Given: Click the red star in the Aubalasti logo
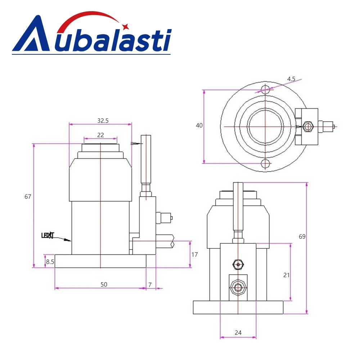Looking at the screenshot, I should point(125,26).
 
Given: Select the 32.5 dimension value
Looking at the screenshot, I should point(103,121).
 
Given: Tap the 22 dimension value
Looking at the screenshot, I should point(100,135).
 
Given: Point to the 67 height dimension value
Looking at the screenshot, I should point(28,197).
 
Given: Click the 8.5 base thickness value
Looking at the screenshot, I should point(50,262).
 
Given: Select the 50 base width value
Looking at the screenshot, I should point(104,284).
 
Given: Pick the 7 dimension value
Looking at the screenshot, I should point(150,284).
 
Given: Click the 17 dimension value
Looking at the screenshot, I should point(194,255).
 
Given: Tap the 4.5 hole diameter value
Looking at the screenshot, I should point(291,78).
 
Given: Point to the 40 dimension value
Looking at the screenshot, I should point(199,126).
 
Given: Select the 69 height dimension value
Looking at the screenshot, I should point(302,237).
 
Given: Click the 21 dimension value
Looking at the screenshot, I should point(286,275).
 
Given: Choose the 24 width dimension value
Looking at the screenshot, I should point(238,333).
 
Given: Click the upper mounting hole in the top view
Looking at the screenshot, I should point(266,89).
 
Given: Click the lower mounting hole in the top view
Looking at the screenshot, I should point(266,164).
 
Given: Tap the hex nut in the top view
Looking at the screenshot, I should point(307,127).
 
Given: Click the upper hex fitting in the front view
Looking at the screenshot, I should point(238,265).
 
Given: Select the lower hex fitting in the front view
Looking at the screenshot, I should point(238,288).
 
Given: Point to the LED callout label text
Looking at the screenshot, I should point(48,236).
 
